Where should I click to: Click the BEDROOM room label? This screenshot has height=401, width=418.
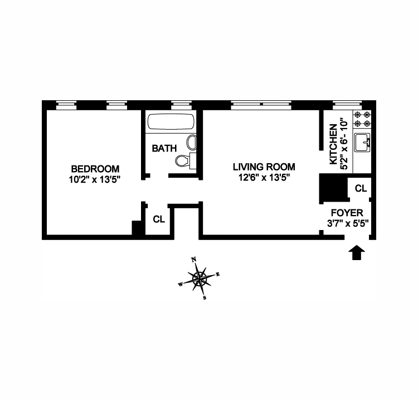(95, 169)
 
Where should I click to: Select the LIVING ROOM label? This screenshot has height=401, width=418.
(264, 167)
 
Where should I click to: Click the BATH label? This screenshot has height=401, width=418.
(164, 149)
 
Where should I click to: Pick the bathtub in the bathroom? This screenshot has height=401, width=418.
(171, 123)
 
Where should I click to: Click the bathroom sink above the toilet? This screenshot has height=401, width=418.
(191, 143)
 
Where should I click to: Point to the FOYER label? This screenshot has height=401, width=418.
(347, 213)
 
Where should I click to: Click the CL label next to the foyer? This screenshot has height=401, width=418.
(361, 189)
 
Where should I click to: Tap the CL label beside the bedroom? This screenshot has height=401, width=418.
(159, 219)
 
